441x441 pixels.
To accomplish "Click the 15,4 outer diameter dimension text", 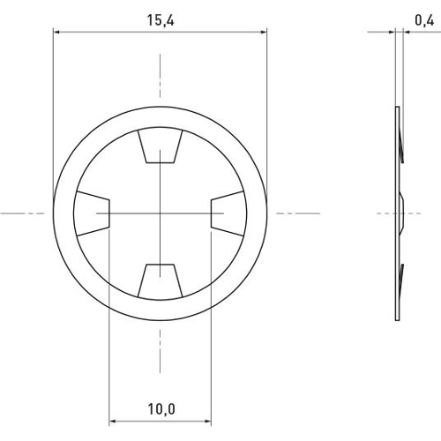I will (x=160, y=15).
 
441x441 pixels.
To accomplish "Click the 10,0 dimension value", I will (x=161, y=408).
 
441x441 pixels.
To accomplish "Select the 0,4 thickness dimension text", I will (x=421, y=15).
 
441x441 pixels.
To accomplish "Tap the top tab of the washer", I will (x=161, y=147).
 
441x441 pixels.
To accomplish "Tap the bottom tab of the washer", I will (x=161, y=280).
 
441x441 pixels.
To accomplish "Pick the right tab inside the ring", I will (x=228, y=213).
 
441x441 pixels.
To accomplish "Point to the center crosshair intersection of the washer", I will (x=161, y=213).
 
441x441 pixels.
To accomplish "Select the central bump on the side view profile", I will (x=402, y=213).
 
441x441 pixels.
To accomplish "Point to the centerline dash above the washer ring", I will (x=161, y=71).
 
